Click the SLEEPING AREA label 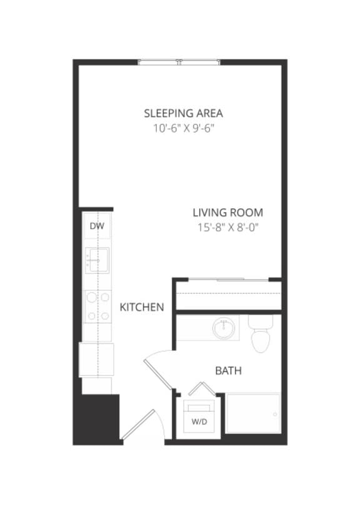click(x=183, y=113)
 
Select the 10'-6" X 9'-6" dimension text click(x=183, y=129)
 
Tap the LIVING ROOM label click(x=227, y=213)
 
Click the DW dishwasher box click(x=97, y=226)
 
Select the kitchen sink click(x=97, y=259)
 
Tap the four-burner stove click(x=97, y=306)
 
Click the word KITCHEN click(x=142, y=307)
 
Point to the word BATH click(x=228, y=371)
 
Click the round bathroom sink click(x=223, y=328)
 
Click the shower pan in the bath click(x=253, y=413)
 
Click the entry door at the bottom click(x=139, y=425)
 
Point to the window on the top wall click(x=179, y=61)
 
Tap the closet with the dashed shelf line click(x=227, y=294)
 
